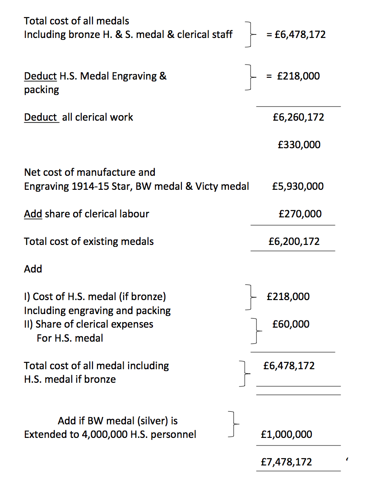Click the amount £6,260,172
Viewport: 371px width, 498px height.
(298, 117)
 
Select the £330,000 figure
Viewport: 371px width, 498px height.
(299, 145)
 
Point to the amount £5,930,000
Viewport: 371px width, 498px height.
(298, 186)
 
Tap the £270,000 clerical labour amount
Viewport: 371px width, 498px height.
(300, 214)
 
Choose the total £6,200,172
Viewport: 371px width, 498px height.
(293, 241)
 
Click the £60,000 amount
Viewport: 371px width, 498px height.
(291, 324)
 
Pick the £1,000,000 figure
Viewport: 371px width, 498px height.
(286, 434)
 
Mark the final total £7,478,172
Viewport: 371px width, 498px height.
(286, 462)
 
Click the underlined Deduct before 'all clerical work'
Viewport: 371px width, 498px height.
(41, 117)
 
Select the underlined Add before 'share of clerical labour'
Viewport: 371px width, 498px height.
(33, 214)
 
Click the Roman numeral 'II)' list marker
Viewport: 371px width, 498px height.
(28, 324)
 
